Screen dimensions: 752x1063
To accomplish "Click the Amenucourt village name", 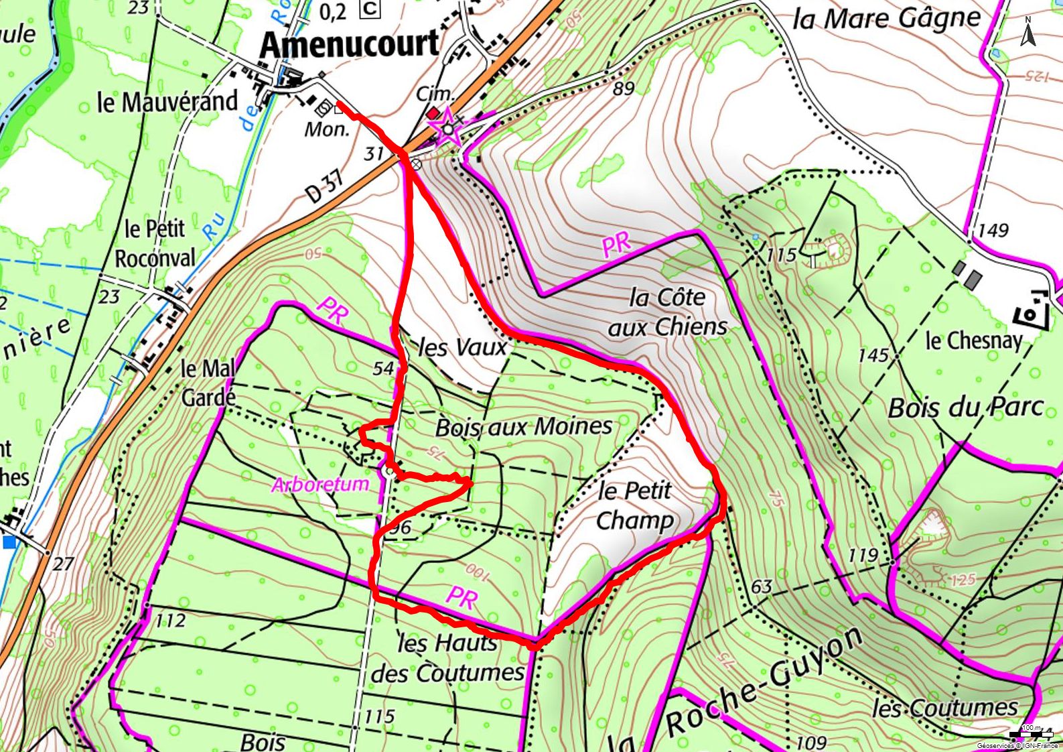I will click(349, 45).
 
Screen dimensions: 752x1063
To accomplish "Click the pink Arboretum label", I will click(320, 484).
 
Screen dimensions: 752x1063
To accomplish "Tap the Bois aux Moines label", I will click(524, 427).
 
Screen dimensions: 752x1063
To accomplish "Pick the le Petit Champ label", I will click(634, 505).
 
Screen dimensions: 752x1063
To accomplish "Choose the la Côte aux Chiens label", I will click(668, 312).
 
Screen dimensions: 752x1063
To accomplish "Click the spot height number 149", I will click(993, 231).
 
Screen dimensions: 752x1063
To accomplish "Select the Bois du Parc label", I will click(965, 407).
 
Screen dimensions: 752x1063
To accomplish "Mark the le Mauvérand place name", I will click(167, 103).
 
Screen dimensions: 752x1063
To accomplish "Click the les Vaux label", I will click(463, 347).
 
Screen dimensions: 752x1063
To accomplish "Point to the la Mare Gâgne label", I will click(885, 19).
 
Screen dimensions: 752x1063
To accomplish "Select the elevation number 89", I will click(623, 88).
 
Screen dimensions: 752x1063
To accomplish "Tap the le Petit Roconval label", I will click(155, 243).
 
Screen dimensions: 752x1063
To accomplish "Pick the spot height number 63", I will click(762, 587).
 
